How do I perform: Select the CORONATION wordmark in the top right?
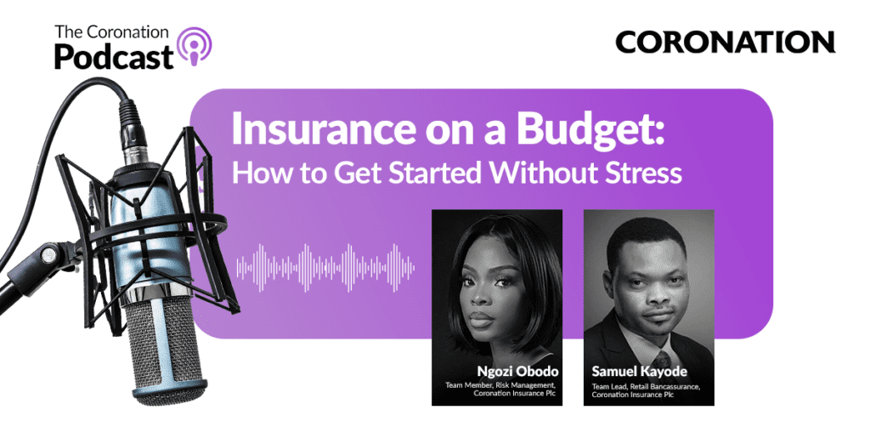(x=725, y=42)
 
